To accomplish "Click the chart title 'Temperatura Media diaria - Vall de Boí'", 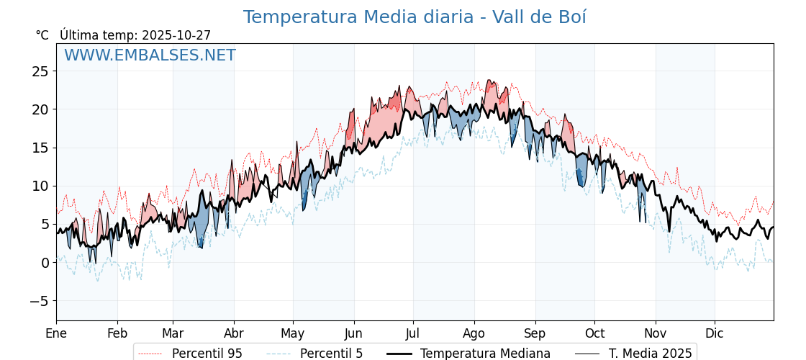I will point(415,17).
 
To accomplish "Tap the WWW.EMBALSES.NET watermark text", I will point(150,55).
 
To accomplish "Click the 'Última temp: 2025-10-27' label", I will point(135,35).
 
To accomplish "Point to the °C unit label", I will point(42,35).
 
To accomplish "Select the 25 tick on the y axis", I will point(40,71).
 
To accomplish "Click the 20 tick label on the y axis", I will point(40,109).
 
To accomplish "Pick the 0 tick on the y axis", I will point(45,263).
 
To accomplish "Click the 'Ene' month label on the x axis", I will point(56,333).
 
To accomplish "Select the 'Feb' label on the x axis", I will point(117,333).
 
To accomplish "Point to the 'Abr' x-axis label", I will point(234,333).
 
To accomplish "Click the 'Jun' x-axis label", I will point(354,333).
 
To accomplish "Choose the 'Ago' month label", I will point(474,333).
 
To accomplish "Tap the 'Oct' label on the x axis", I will point(594,333).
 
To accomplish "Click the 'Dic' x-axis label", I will point(715,333).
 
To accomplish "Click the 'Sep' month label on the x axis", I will point(535,333).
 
